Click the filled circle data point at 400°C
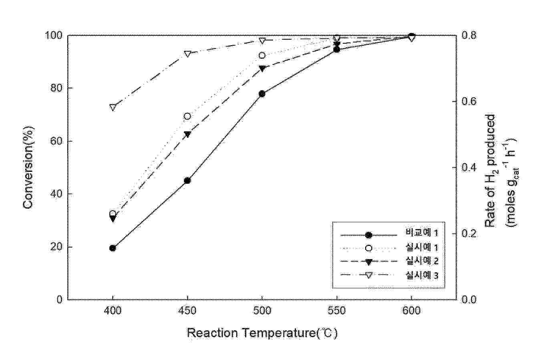[113, 248]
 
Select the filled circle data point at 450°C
[187, 181]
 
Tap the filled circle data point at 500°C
[262, 94]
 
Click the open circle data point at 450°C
[187, 116]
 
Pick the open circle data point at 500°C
[262, 55]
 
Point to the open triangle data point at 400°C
[113, 107]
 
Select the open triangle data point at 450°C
[187, 54]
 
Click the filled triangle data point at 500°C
[262, 68]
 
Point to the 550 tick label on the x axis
[336, 311]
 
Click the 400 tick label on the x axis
[113, 311]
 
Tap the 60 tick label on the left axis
[57, 141]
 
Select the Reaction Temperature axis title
[262, 333]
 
